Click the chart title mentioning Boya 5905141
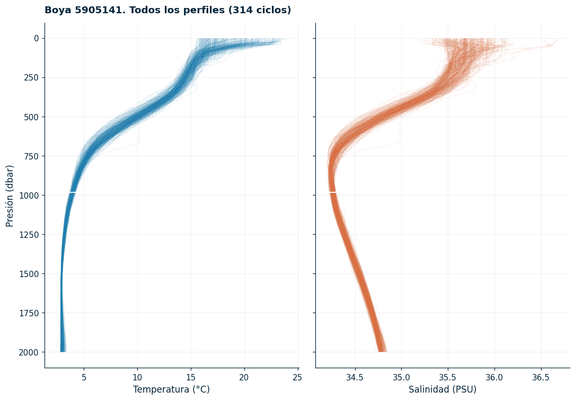167,10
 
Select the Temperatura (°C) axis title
171,389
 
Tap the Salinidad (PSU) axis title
443,389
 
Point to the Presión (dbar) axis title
10,196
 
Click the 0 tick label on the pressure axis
37,38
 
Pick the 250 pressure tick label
31,77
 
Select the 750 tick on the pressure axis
31,156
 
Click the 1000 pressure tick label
29,195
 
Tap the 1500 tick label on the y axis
29,274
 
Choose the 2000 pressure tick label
29,352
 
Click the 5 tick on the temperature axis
84,377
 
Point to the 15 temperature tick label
191,377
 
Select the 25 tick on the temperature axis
297,377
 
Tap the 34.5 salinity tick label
355,377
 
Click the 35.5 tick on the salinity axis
448,377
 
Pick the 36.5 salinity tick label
541,377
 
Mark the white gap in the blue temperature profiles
73,192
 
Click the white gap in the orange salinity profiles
333,192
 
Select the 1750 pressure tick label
29,313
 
